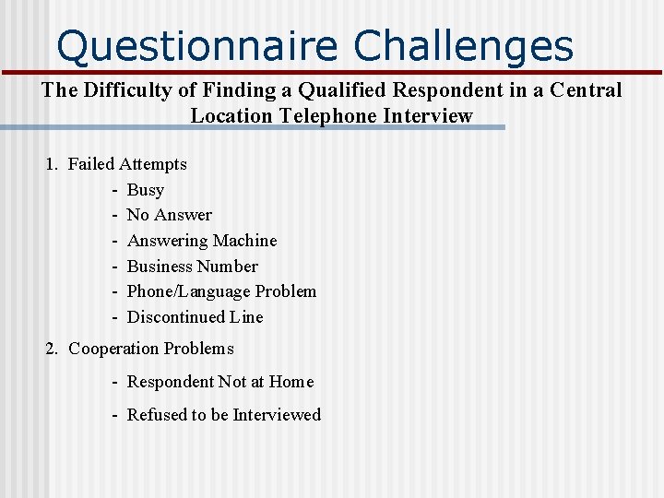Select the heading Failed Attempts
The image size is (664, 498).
127,164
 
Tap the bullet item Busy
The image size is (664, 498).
145,190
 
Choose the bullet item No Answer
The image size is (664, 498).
169,215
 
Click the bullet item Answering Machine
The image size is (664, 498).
202,241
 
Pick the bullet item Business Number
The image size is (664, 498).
192,267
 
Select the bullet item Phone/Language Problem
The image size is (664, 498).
221,291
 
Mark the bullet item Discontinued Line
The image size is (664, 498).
195,317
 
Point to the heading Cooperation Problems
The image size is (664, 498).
151,349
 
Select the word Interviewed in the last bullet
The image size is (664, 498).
277,415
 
